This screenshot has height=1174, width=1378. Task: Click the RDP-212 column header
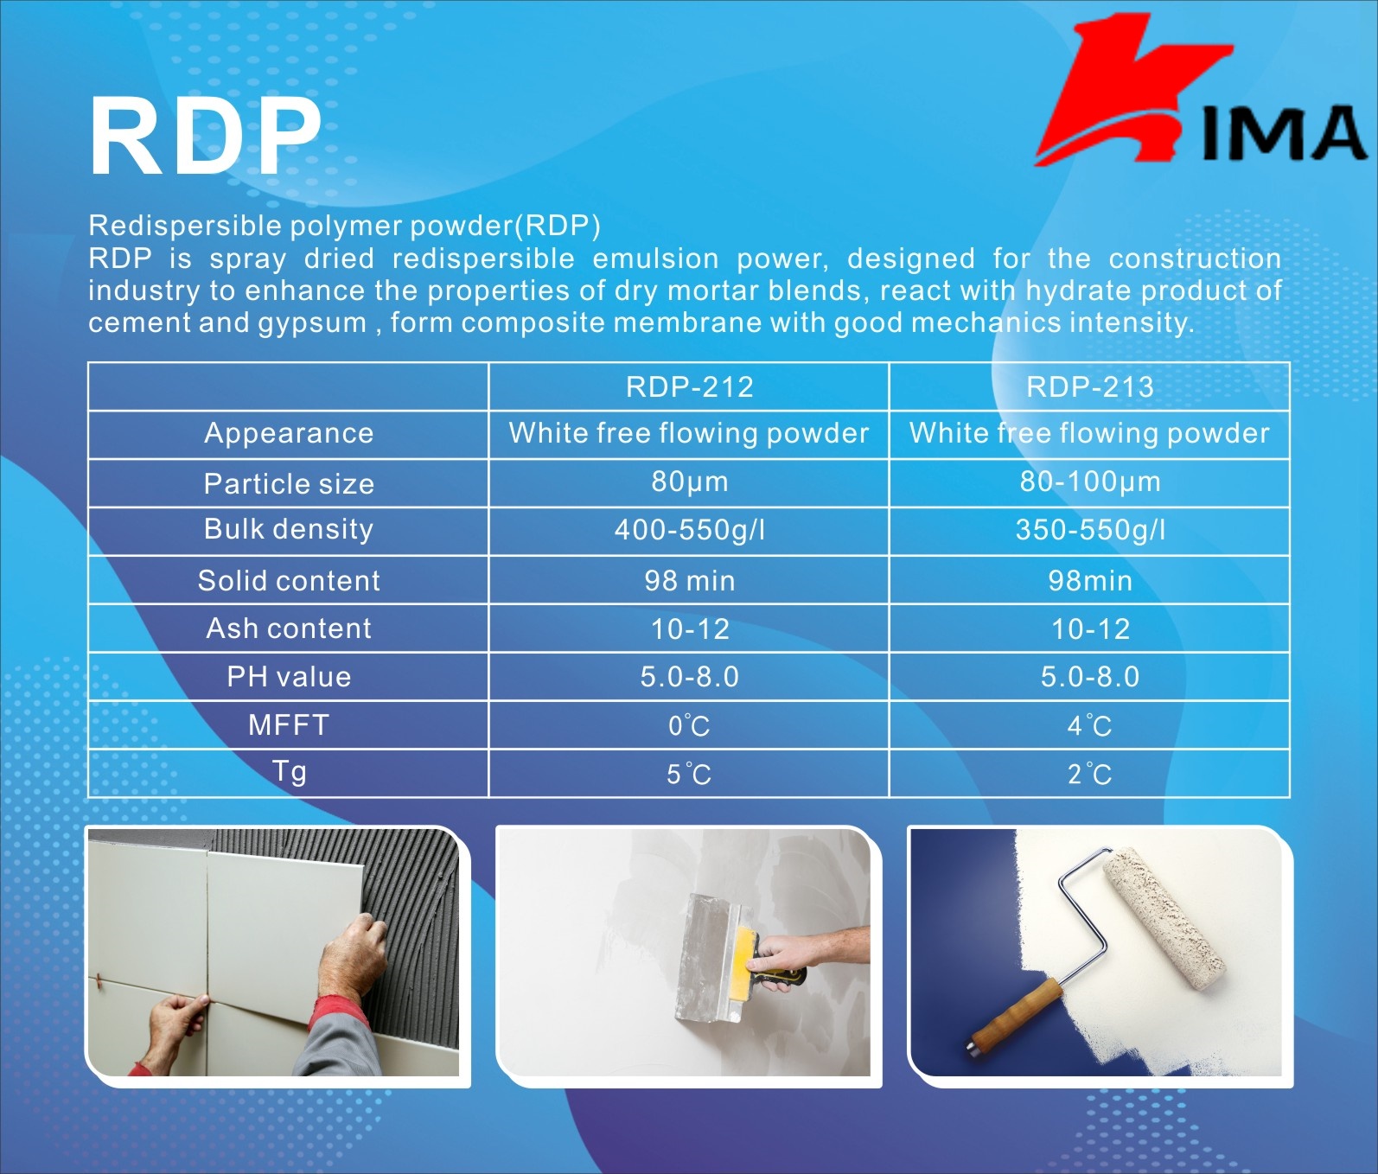689,386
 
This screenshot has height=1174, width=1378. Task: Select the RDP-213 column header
1089,386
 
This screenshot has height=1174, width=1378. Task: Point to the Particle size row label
289,484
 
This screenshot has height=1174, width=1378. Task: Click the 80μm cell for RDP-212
689,482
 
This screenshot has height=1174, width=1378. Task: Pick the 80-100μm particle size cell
1089,482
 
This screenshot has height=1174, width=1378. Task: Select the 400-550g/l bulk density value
689,529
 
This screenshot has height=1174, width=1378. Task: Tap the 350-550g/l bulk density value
1089,529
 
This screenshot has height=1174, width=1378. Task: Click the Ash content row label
289,628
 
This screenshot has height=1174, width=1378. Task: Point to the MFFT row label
289,724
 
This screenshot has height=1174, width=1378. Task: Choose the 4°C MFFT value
1089,724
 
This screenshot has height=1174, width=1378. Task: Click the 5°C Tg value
689,773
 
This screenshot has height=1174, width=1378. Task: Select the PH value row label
289,676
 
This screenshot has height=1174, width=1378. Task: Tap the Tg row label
289,771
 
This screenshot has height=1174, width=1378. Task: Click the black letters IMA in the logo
1284,134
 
